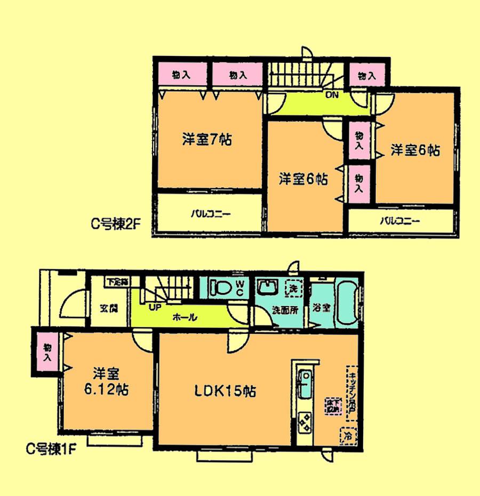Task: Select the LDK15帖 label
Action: click(225, 391)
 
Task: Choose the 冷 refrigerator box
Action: click(348, 436)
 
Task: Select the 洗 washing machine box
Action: click(293, 289)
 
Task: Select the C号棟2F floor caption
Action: click(115, 225)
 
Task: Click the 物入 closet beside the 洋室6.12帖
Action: click(47, 353)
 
